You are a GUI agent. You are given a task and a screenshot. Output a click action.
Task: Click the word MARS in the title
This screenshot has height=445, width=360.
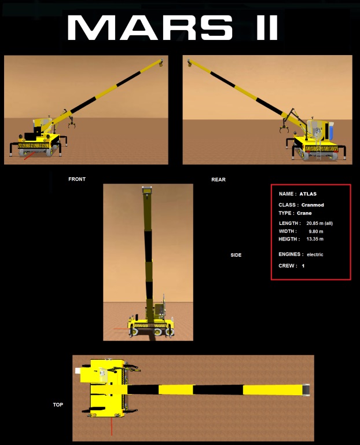[x=150, y=28]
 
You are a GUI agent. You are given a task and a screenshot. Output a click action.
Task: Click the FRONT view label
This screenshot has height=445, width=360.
[x=77, y=179]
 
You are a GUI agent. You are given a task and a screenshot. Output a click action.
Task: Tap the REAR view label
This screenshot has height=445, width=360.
[x=218, y=180]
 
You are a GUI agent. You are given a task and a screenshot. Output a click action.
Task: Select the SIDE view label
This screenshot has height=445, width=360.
[x=236, y=255]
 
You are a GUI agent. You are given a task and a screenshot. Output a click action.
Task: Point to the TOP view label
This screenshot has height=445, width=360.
[x=58, y=404]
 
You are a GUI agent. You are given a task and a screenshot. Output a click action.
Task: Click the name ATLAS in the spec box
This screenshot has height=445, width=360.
[x=308, y=194]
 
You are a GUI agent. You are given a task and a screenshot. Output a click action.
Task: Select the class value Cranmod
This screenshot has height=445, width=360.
[x=313, y=205]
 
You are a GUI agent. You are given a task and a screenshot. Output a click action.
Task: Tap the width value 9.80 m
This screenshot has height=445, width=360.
[x=316, y=231]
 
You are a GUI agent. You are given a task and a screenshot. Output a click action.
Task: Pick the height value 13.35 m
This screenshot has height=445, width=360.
[x=315, y=239]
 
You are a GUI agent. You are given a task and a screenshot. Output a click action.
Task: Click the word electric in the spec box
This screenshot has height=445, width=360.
[x=315, y=254]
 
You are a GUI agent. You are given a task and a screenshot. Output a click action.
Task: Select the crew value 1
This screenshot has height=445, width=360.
[x=303, y=266]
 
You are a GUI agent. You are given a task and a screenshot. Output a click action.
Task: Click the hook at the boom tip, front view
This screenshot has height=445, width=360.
[x=161, y=63]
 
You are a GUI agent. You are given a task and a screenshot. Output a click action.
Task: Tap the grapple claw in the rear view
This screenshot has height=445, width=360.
[x=284, y=129]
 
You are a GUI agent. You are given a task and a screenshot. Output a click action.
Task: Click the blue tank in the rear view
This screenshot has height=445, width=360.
[x=330, y=132]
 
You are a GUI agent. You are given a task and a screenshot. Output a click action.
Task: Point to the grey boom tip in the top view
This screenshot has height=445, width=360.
[x=306, y=389]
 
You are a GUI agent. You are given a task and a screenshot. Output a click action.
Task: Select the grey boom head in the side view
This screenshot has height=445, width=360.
[x=147, y=189]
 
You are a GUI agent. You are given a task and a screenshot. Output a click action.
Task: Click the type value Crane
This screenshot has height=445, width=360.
[x=304, y=213]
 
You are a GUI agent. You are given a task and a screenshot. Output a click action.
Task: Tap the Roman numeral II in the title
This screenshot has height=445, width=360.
[x=267, y=28]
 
